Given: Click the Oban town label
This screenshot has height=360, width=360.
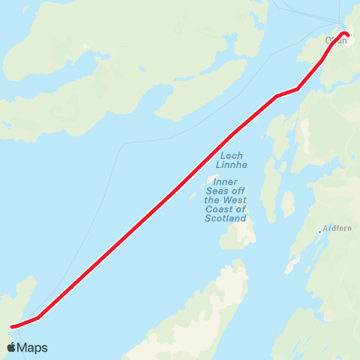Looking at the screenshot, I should (336, 40).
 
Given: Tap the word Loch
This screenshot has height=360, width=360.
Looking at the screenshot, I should (230, 156).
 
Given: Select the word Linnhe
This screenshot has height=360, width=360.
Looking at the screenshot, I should (230, 165).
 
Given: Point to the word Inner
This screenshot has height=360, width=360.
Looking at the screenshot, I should (225, 181).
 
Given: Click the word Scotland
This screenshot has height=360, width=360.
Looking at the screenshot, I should (225, 219).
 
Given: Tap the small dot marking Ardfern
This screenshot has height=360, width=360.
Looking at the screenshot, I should (320, 232).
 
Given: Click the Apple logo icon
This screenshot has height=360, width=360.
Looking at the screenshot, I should (11, 348).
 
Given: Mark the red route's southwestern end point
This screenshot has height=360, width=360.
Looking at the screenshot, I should (13, 326).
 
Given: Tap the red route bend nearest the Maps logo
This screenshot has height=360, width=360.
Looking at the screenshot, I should (37, 317).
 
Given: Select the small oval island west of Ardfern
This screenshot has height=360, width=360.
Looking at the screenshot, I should (288, 204).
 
